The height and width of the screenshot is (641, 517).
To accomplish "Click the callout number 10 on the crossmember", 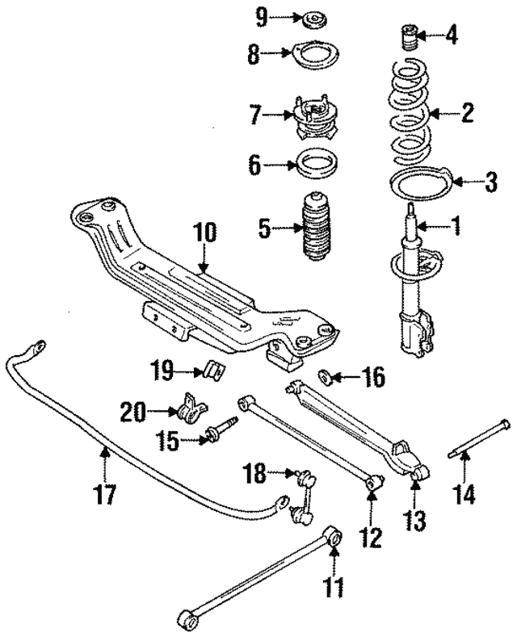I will point(205,233).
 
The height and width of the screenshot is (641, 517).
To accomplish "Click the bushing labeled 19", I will point(214,371).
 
